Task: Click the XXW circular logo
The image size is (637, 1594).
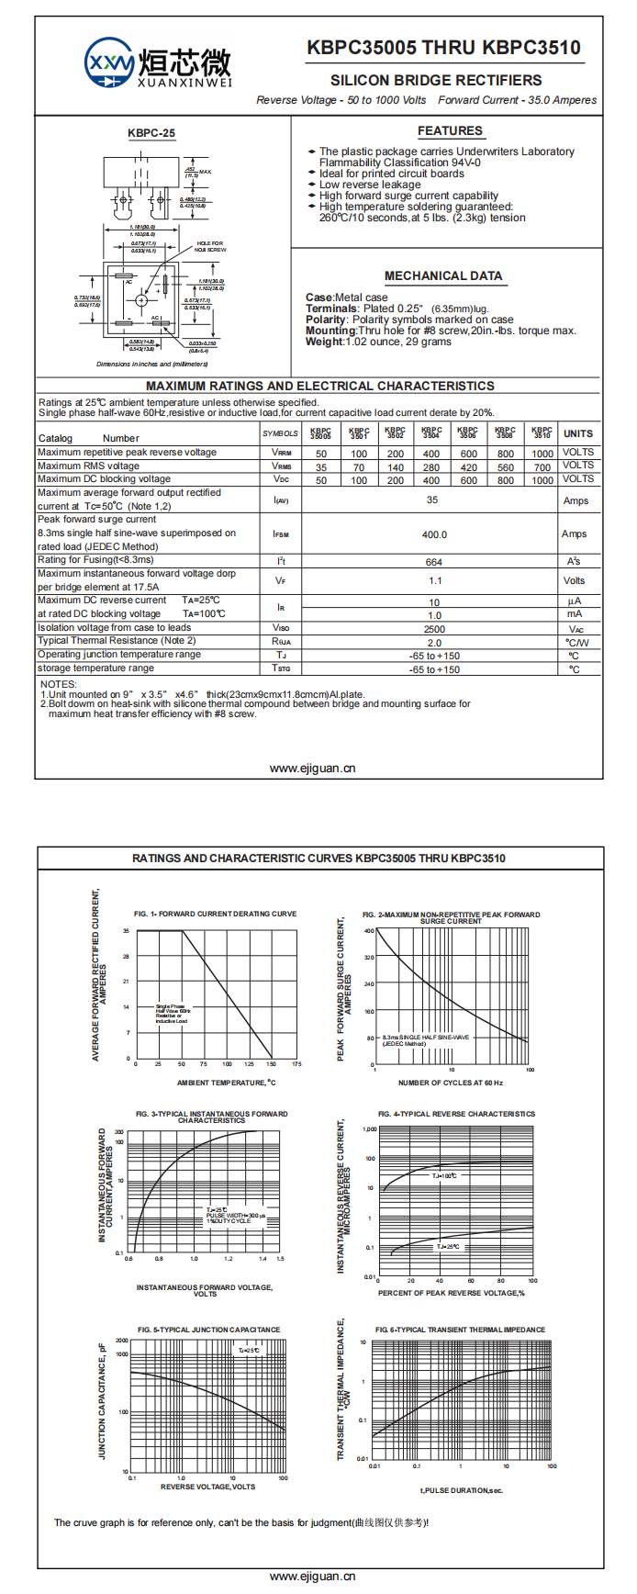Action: pos(109,63)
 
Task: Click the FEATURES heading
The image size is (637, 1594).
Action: pos(450,131)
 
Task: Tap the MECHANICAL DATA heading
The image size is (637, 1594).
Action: pos(443,275)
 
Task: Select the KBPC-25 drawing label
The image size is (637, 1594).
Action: pos(151,133)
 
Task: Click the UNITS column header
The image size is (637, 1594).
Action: pos(578,433)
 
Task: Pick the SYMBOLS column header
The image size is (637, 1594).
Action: pos(280,433)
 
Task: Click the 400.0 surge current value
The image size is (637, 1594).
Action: pos(434,534)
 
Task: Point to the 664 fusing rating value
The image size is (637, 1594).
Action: pos(434,562)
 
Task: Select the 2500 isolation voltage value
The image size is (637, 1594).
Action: pos(434,629)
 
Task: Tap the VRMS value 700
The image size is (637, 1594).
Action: pos(542,467)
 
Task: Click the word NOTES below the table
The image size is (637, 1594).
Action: pos(59,684)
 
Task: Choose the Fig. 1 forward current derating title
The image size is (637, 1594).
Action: pos(215,914)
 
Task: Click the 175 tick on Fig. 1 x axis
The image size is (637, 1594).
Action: pos(296,1064)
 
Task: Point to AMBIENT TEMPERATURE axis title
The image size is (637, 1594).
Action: pos(226,1083)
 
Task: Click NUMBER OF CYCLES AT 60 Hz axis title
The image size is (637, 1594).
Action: pos(451,1083)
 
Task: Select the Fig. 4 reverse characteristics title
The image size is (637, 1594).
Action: pos(456,1114)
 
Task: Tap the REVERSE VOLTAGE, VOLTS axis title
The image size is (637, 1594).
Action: pos(207,1487)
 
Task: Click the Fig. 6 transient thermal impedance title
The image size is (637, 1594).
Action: pos(460,1330)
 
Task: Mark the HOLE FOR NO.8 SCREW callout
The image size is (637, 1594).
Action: pos(210,246)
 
